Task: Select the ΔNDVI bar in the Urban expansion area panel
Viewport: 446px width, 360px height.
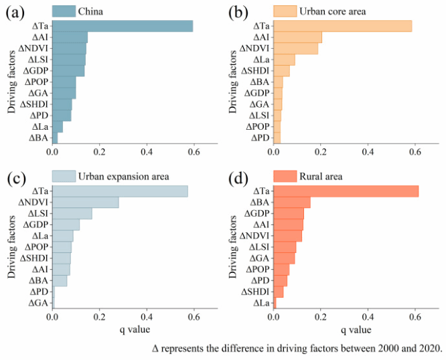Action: (86, 202)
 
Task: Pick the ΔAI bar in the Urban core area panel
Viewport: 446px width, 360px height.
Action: (297, 37)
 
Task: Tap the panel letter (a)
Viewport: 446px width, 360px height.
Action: (19, 12)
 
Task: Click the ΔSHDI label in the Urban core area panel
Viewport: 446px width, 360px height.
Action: (256, 71)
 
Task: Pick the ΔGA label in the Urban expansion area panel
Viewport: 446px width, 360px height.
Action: (38, 303)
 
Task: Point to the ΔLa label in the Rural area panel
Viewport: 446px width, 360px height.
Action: (261, 303)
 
